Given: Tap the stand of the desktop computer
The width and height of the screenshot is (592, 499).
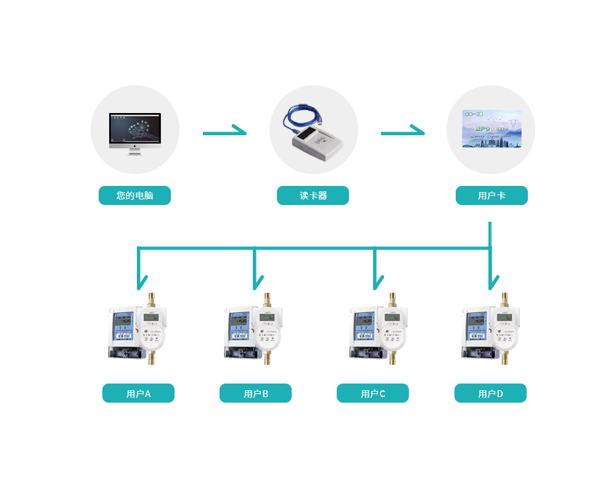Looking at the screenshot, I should [x=134, y=151].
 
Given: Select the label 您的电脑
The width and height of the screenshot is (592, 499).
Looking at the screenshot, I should [x=134, y=196].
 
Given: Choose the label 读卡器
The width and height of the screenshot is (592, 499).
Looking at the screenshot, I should [x=313, y=196].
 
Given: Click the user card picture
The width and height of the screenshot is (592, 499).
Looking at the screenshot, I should [x=491, y=129].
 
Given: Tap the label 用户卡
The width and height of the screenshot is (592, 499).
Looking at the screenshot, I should [x=491, y=196].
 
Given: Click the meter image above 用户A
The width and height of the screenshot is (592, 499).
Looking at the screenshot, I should [x=137, y=329].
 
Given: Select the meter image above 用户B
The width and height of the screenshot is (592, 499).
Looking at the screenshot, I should [x=253, y=329].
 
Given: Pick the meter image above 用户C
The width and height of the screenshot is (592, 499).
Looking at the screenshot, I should [x=378, y=329].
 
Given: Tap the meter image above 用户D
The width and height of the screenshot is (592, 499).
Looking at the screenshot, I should [x=490, y=329].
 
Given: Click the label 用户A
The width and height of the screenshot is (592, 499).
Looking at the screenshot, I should [x=139, y=394].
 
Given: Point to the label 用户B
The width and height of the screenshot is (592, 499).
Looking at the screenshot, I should [x=256, y=394].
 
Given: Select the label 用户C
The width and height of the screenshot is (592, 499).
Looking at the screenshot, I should [x=373, y=394].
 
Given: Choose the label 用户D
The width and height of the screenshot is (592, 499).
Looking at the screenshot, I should [x=491, y=394].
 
